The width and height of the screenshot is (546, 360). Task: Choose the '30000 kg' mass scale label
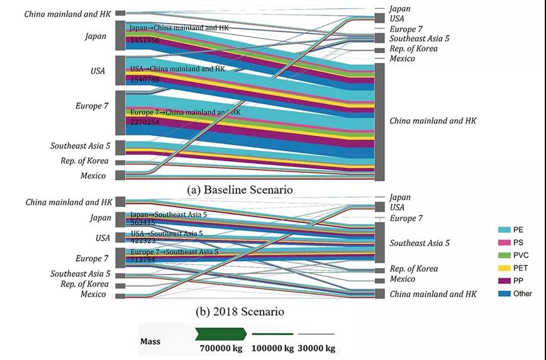[x=316, y=348]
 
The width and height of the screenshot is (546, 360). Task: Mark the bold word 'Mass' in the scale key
[x=151, y=342]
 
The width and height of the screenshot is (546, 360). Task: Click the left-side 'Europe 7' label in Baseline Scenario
[x=89, y=106]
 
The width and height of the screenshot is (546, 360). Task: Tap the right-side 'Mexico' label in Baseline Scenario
[x=402, y=59]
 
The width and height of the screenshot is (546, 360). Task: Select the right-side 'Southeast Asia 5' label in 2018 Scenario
[x=420, y=243]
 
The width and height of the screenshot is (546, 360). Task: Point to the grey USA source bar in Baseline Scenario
[x=120, y=70]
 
